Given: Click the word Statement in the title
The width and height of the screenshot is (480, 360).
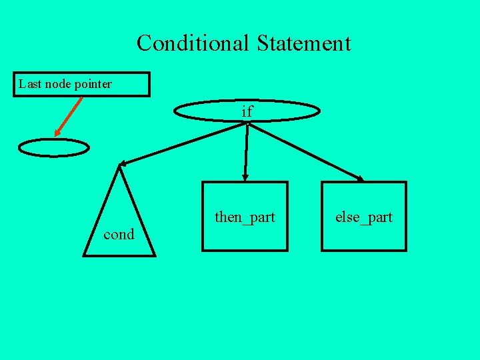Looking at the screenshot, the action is (x=303, y=43).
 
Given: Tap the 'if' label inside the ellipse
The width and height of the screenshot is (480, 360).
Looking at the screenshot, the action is (x=247, y=111).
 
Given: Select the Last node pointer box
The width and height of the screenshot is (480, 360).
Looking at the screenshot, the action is (x=81, y=85).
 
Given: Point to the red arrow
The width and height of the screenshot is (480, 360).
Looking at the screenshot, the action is (x=69, y=117).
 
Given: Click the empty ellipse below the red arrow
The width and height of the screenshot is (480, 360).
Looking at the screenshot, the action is (x=53, y=147).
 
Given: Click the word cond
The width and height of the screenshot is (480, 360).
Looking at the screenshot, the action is (x=119, y=235).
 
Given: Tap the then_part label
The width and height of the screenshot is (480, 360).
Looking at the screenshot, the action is (x=245, y=217).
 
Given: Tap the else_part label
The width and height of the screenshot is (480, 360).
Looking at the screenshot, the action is (x=364, y=217).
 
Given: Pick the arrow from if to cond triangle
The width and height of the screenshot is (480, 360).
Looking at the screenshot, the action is (x=183, y=143).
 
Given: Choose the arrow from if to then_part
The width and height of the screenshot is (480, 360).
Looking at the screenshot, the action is (x=246, y=150).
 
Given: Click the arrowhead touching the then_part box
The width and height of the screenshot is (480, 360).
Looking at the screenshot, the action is (x=245, y=177).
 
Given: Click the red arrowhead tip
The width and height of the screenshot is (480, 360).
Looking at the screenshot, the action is (x=55, y=137).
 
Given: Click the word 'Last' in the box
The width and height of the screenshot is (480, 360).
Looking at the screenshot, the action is (x=29, y=85).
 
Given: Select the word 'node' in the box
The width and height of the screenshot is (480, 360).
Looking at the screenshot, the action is (x=59, y=85).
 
